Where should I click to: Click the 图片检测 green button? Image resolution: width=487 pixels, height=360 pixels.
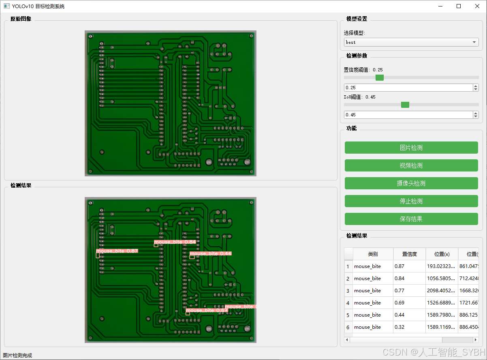[x=411, y=148]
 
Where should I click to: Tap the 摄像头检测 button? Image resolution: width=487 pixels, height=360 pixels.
[x=411, y=183]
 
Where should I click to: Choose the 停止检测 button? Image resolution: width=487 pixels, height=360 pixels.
[x=411, y=201]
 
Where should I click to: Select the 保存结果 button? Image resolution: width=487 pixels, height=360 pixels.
[x=411, y=219]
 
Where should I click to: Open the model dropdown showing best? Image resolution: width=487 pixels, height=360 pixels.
[x=411, y=42]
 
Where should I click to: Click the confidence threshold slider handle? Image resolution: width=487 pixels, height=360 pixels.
[x=380, y=77]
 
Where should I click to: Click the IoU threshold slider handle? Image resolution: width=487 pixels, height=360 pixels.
[x=405, y=105]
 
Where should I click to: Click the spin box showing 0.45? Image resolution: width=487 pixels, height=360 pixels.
[x=408, y=115]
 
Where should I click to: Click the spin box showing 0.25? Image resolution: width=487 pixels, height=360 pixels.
[x=408, y=88]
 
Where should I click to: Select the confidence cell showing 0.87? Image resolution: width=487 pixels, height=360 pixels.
[x=409, y=266]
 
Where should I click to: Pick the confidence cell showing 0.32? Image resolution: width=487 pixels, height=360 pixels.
[x=409, y=327]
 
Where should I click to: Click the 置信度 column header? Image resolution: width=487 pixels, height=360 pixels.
[x=409, y=254]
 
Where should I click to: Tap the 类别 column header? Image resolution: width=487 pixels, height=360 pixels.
[x=373, y=254]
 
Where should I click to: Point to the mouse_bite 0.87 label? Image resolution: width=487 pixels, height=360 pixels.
[x=117, y=251]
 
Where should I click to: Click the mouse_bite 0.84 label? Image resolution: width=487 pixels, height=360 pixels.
[x=175, y=242]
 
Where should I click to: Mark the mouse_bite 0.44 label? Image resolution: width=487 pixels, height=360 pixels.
[x=210, y=254]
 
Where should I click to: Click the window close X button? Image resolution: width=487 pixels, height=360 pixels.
[x=477, y=6]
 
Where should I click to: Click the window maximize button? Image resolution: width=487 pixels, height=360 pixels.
[x=459, y=6]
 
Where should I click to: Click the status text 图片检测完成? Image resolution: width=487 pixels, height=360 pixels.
[x=17, y=356]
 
